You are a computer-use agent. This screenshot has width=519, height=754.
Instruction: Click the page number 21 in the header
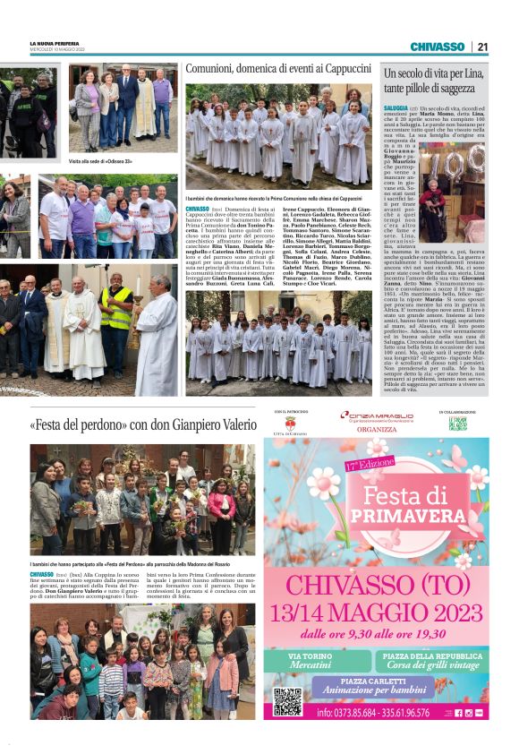482,47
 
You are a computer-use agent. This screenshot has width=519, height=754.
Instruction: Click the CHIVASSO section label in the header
437,47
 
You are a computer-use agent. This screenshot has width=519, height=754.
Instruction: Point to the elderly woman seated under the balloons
438,208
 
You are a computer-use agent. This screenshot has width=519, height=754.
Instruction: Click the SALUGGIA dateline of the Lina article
396,108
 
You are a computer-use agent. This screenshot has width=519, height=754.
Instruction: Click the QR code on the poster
286,701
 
